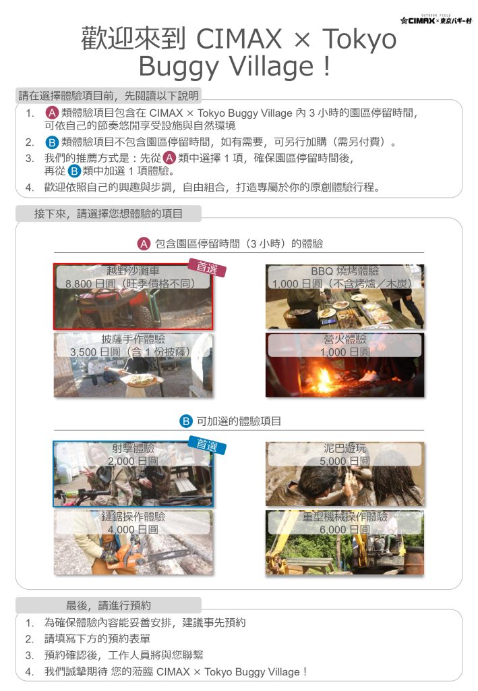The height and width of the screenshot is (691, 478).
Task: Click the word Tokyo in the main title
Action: tap(359, 38)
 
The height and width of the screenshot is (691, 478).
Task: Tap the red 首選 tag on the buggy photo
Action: tap(207, 267)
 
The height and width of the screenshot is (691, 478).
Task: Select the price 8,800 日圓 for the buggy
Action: tap(90, 283)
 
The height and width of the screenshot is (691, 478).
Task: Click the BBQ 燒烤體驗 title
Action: tap(345, 271)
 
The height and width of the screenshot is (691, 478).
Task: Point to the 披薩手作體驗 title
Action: tap(133, 339)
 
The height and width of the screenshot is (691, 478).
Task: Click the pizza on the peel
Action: tap(142, 379)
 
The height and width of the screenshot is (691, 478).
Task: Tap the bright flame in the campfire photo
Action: tap(324, 378)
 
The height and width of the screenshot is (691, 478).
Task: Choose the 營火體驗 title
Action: tap(345, 339)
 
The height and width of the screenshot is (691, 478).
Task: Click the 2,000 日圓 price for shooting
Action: tap(133, 461)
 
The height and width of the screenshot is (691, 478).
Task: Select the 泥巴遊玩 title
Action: tap(345, 448)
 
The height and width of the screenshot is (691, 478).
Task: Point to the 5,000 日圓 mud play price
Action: tap(345, 461)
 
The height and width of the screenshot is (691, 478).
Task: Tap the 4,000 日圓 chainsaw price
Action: tap(133, 529)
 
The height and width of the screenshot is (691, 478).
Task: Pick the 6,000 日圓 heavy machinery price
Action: tap(345, 529)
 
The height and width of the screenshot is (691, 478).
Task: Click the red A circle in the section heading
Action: tap(144, 244)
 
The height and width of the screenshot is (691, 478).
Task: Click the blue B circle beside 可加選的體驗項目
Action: tap(186, 421)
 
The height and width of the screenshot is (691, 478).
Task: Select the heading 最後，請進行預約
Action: tap(109, 605)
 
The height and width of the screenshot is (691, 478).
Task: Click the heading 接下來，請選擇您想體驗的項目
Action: tap(109, 214)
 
